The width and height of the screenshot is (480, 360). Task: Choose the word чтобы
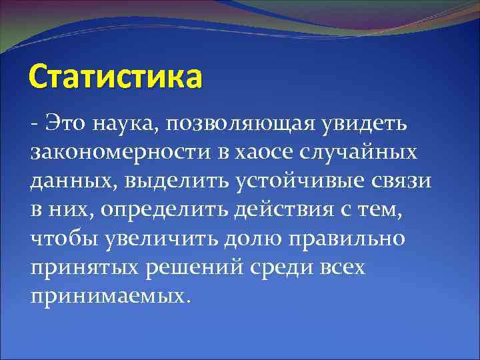click(x=64, y=239)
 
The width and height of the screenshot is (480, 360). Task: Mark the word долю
click(x=250, y=239)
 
